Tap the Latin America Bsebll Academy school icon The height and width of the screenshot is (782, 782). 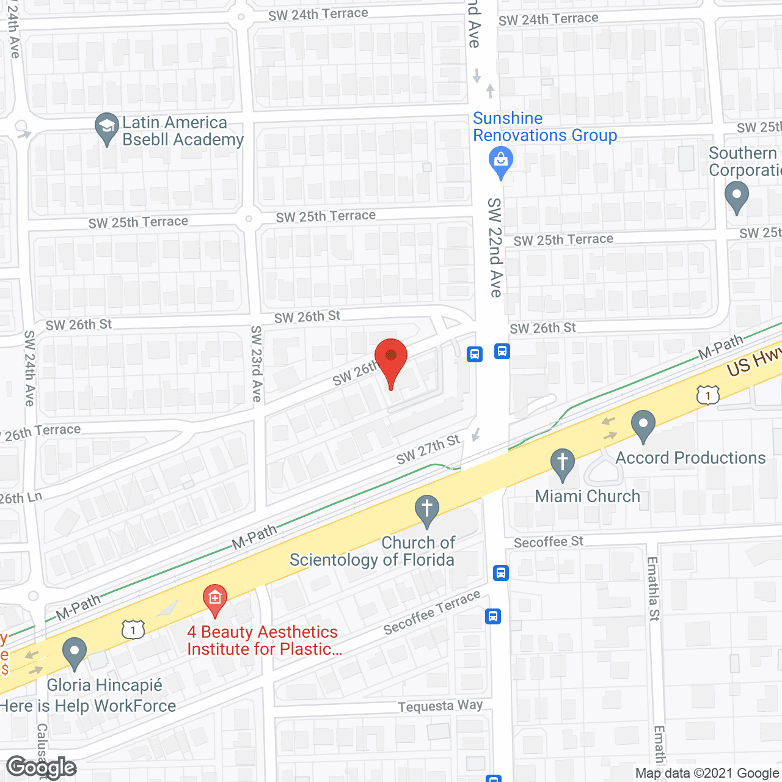pos(107,128)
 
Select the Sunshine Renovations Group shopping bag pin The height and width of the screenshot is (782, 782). pos(501,161)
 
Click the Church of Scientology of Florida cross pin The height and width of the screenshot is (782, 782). pos(426,509)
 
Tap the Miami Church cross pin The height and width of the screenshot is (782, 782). pos(563,463)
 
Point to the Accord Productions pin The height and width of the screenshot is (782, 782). pos(643,425)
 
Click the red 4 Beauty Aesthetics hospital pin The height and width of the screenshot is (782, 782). pos(214,599)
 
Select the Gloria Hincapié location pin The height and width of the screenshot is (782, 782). pos(75,652)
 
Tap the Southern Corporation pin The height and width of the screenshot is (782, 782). pos(736,197)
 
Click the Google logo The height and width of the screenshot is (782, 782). pos(42,767)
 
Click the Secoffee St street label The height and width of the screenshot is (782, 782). pos(548,542)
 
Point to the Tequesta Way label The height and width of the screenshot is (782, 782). pos(440,706)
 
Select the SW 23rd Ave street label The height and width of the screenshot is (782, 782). pos(257,364)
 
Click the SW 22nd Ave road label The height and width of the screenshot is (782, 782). pos(495,247)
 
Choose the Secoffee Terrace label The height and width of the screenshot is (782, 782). pos(432,613)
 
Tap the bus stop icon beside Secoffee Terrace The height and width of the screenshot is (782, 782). pos(493,616)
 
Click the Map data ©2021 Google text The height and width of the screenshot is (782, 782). pos(707,773)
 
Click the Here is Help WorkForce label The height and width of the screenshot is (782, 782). pos(89,706)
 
